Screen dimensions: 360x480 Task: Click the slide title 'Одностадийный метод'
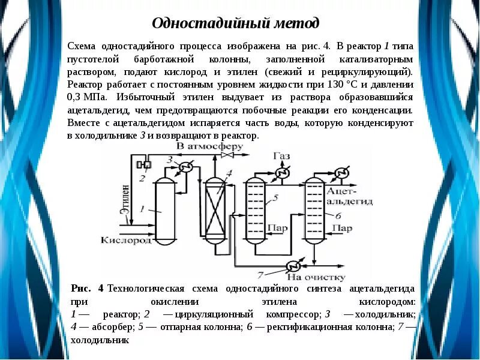coord(235,23)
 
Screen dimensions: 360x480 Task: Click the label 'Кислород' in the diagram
coord(126,240)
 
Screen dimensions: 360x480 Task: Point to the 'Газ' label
coord(281,157)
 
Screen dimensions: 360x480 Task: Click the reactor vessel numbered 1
coord(164,210)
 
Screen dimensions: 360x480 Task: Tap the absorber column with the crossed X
coord(213,210)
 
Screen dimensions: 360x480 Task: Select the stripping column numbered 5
coord(256,210)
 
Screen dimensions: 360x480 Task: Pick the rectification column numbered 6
coord(314,210)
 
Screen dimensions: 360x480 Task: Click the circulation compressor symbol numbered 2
coord(143,164)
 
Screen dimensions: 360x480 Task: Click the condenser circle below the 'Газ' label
coord(280,173)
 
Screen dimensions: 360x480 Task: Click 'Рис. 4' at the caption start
coord(88,289)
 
